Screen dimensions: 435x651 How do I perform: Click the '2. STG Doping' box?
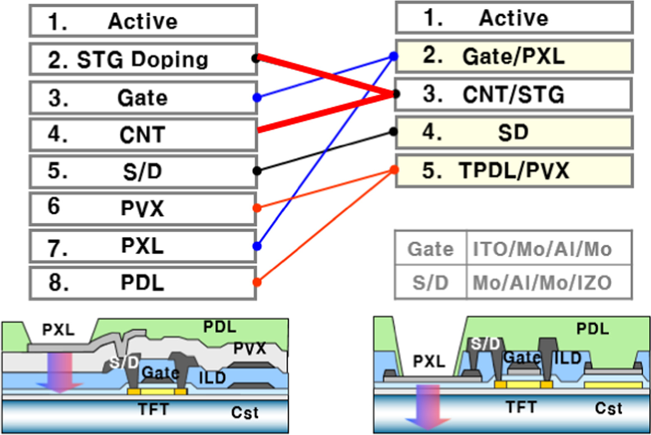(x=143, y=59)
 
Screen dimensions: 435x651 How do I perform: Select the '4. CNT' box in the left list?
(x=143, y=135)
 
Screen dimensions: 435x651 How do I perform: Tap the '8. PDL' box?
(x=143, y=283)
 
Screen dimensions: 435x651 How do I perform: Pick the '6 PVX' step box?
(x=143, y=208)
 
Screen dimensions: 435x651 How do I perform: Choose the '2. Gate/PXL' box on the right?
(x=514, y=56)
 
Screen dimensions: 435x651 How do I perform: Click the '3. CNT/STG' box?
(x=514, y=94)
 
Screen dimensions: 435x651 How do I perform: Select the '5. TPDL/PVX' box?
(x=514, y=170)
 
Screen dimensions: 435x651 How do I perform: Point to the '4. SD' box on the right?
(x=514, y=133)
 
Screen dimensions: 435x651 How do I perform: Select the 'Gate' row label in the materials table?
(x=430, y=249)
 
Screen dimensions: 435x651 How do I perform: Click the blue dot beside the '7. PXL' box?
(x=257, y=246)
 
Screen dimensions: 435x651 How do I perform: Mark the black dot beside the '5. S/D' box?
(x=257, y=170)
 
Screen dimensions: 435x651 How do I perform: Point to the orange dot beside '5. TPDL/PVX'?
(x=394, y=170)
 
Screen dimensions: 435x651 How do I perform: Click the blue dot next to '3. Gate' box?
(x=257, y=98)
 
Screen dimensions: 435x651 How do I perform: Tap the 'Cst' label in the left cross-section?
(x=245, y=413)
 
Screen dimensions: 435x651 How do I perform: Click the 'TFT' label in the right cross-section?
(x=521, y=407)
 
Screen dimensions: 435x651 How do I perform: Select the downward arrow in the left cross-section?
(x=60, y=372)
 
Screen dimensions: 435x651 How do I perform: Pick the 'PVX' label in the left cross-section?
(x=249, y=348)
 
